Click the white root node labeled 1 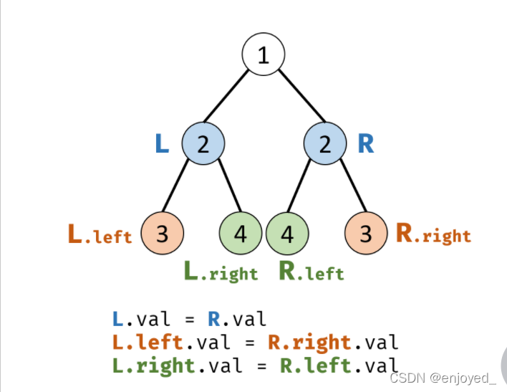[x=264, y=56]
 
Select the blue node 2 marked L [x=203, y=144]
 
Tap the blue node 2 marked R [x=325, y=144]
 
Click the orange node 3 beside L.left [x=163, y=234]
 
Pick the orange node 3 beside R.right [x=366, y=234]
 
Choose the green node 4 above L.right [x=241, y=234]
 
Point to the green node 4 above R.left [x=287, y=234]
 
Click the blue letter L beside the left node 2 [x=163, y=144]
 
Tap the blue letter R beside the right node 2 [x=365, y=144]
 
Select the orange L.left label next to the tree [x=100, y=234]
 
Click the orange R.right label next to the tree [x=433, y=234]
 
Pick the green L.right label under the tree [x=221, y=272]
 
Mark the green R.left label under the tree [x=312, y=272]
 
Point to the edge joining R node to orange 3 [x=347, y=188]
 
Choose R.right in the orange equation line [x=309, y=342]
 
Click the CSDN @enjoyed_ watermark [x=440, y=378]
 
